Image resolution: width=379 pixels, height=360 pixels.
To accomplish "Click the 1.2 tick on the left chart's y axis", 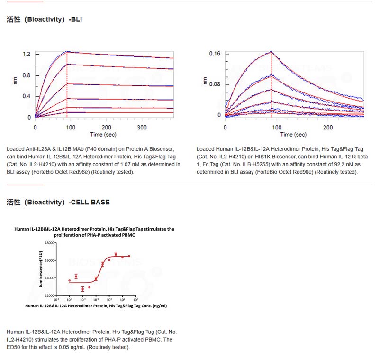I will click(27, 55).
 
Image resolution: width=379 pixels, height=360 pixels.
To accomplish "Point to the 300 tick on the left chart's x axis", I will click(142, 128).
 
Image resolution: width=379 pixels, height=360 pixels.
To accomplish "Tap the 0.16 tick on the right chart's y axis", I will click(215, 54).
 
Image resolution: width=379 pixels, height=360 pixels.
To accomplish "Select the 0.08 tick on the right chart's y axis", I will click(215, 84).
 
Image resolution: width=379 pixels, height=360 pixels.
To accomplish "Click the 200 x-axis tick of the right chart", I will click(328, 128).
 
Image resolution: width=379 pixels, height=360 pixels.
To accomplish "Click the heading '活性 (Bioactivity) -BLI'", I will click(45, 19).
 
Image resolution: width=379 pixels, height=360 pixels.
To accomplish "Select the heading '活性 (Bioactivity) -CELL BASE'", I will click(58, 202).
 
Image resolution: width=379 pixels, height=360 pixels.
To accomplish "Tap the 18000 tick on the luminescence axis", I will click(48, 242).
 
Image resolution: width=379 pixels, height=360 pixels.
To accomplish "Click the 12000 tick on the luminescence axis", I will click(48, 296).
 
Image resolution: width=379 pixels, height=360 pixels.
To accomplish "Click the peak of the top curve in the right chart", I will click(271, 51).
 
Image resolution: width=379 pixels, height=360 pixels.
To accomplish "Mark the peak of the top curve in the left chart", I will click(67, 51).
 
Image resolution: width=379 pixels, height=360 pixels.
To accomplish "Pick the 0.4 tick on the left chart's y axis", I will click(27, 96).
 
